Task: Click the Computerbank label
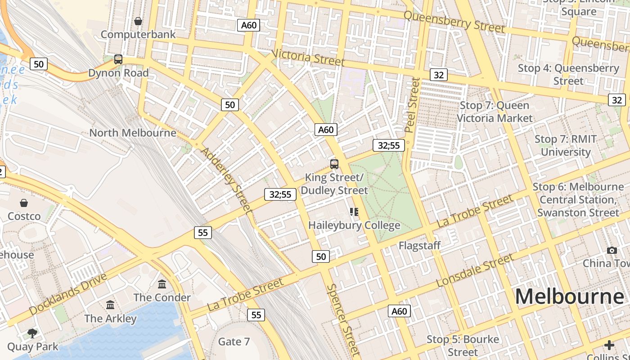pos(138,34)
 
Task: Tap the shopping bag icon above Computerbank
pos(138,21)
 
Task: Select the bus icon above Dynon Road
pos(118,59)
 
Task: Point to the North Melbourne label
pos(133,133)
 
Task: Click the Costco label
pos(24,216)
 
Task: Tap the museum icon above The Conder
pos(162,284)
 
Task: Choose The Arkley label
pos(110,319)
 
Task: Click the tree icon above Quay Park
pos(32,333)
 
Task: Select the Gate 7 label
pos(234,342)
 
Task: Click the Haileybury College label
pos(354,225)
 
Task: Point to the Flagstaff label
pos(419,246)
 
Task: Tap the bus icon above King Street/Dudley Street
pos(334,164)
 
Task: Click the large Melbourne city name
pos(570,297)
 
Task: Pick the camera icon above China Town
pos(612,250)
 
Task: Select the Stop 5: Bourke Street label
pos(463,345)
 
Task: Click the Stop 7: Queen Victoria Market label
pos(495,112)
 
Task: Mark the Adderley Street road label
pos(226,179)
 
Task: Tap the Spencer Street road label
pos(344,319)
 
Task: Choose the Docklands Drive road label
pos(68,293)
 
